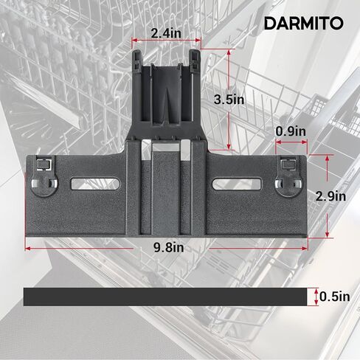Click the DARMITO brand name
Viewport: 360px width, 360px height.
coord(304,24)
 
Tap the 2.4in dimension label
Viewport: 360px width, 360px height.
coord(166,33)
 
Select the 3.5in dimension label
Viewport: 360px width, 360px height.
coord(229,100)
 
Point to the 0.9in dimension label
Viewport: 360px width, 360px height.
coord(291,131)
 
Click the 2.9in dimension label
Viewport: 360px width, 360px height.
coord(330,196)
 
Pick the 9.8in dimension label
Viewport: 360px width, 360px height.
coord(169,247)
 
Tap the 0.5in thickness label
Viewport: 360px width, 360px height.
coord(335,297)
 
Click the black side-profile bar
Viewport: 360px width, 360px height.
coord(165,297)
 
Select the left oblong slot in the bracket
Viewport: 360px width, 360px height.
coord(96,184)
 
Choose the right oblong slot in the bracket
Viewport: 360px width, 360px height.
coord(237,184)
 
